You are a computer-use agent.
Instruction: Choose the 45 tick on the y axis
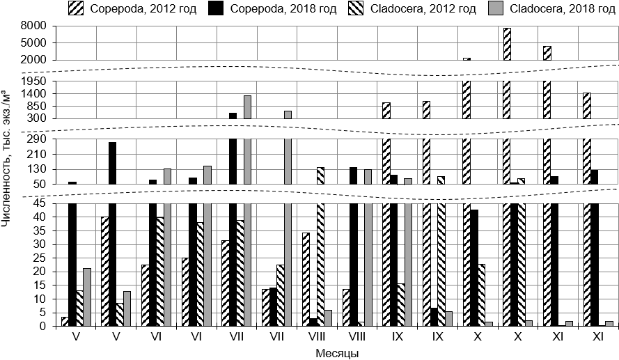click(x=40, y=203)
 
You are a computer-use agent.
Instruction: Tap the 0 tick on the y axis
click(x=43, y=326)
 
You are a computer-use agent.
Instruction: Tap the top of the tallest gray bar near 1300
click(x=247, y=96)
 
